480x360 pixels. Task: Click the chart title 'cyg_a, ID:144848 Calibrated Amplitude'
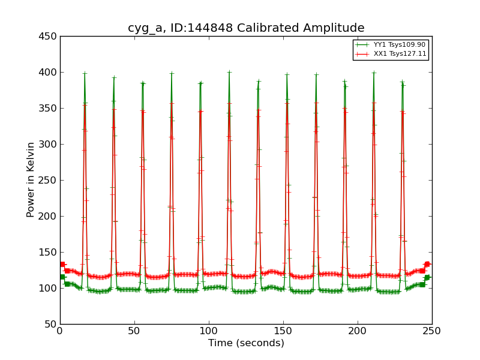[x=246, y=28]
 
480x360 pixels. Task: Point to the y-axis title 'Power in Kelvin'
[x=31, y=179]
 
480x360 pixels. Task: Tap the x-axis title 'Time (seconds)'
[x=246, y=343]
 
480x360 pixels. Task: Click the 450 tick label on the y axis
[x=49, y=36]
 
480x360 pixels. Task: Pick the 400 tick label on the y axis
[x=49, y=72]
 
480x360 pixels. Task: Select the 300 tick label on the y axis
[x=49, y=144]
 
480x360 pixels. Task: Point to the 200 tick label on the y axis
[x=49, y=216]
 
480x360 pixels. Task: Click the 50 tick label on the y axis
[x=52, y=324]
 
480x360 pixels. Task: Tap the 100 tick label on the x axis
[x=209, y=331]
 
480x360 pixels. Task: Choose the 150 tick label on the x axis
[x=283, y=331]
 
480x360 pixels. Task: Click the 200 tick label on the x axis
[x=358, y=331]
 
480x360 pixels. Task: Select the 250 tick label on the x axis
[x=432, y=331]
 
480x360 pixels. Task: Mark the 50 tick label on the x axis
[x=134, y=331]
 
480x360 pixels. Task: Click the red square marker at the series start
[x=62, y=264]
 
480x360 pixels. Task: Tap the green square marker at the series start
[x=62, y=277]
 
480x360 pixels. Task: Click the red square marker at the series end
[x=427, y=264]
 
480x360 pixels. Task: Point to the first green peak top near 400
[x=85, y=74]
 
